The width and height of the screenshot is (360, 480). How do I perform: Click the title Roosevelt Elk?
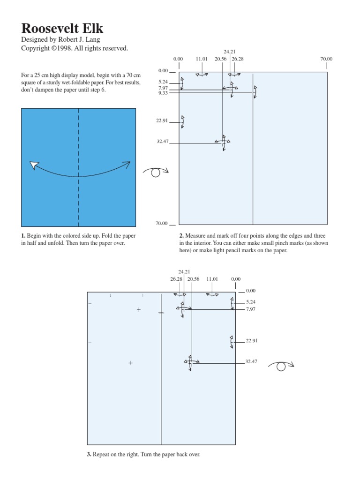pos(62,29)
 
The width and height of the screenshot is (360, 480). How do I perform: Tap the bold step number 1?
pos(22,235)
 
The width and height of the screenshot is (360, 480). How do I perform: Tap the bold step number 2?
pos(181,235)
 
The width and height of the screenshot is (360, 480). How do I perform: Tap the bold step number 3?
pos(89,454)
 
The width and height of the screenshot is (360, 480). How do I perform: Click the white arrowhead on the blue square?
pos(33,165)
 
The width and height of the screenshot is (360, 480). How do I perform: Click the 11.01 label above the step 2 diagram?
pos(201,59)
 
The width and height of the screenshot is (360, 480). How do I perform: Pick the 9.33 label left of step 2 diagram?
pos(163,93)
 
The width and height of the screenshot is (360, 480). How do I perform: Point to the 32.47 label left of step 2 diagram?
pos(163,141)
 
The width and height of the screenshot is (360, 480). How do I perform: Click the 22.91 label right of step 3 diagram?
pos(252,341)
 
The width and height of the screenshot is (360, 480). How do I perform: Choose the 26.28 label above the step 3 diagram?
pos(176,279)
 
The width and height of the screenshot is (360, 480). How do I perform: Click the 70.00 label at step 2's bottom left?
pos(162,223)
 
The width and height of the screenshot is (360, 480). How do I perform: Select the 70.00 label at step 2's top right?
pos(326,59)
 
